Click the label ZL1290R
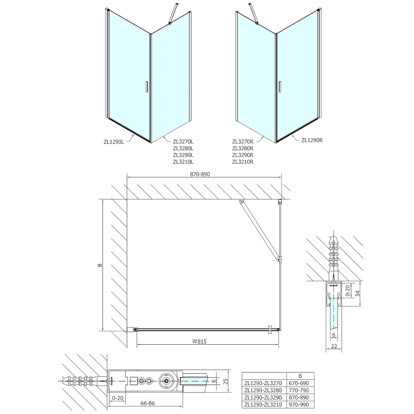point(312,139)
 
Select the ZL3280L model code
point(183,147)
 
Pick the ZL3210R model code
point(243,162)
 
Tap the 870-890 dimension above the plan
point(203,175)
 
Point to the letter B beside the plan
point(100,265)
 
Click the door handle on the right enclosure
point(279,87)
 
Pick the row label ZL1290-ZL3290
point(263,397)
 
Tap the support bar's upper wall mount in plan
point(241,202)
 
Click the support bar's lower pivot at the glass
point(278,259)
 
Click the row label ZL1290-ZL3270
point(263,383)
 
